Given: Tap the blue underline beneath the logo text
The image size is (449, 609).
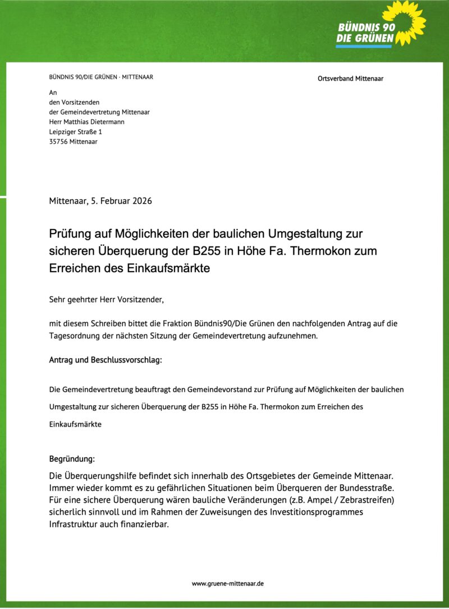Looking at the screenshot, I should point(364,47).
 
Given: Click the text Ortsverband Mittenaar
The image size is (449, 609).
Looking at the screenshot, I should point(350,79).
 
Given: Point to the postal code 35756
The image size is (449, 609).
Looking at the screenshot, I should point(58,142).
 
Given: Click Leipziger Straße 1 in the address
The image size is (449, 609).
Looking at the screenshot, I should point(76,132).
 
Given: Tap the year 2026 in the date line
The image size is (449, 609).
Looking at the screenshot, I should point(143,201).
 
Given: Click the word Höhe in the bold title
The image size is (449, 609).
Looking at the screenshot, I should point(265,250).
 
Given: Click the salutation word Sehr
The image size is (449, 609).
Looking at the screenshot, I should point(57,299).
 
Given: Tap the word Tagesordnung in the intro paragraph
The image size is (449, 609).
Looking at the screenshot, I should point(76,336).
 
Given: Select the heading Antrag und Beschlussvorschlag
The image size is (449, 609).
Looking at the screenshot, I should point(106,360).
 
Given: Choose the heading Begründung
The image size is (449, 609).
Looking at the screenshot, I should point(72,459).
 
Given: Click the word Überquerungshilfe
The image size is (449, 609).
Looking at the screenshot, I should point(99,477).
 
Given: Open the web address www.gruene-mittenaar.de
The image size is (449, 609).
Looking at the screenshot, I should point(228,584).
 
